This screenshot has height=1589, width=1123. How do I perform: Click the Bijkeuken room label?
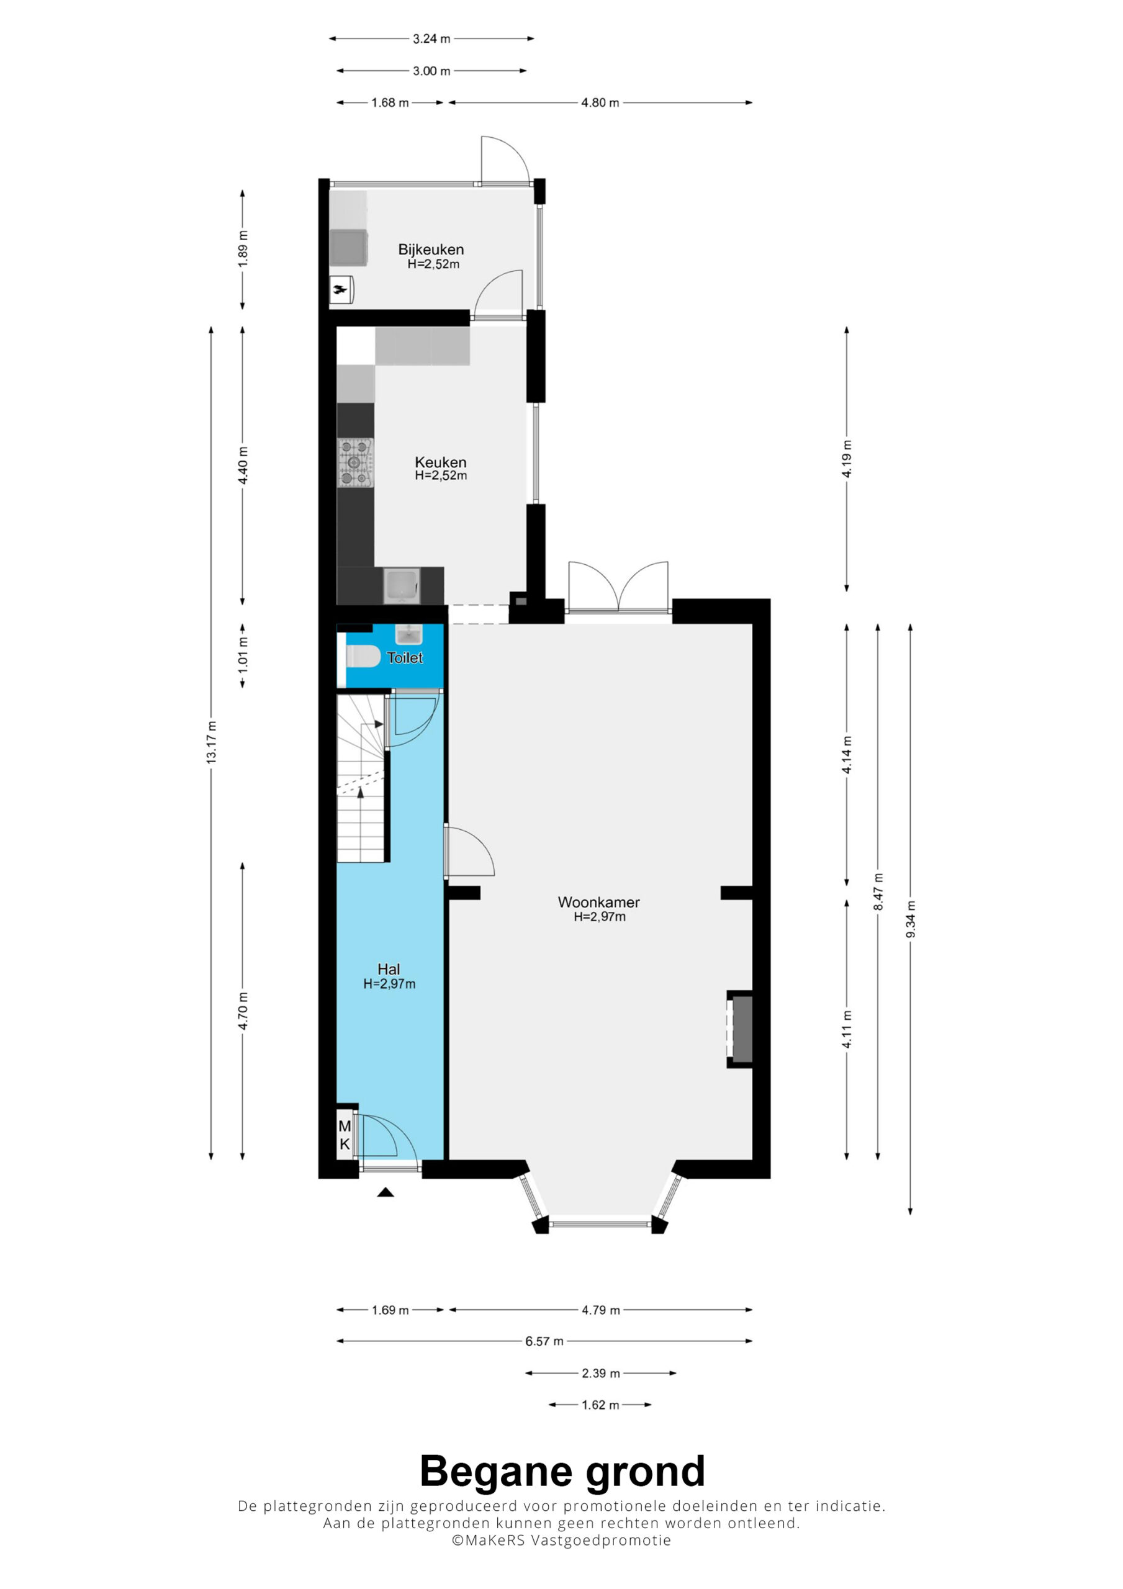[x=431, y=249]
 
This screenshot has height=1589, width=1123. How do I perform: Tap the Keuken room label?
[x=440, y=462]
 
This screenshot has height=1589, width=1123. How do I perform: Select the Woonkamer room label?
[x=599, y=902]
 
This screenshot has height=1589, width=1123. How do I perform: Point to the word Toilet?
[x=404, y=657]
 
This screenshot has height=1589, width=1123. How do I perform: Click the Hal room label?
[x=389, y=969]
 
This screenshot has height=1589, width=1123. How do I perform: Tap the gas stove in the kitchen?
[x=355, y=462]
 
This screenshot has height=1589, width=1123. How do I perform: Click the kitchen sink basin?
[x=402, y=585]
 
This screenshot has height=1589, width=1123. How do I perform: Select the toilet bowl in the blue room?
[x=363, y=656]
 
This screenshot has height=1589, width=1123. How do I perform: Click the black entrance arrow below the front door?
[x=386, y=1192]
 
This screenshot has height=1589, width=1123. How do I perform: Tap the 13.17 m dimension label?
[x=211, y=742]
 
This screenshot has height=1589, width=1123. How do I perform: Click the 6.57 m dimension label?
[x=544, y=1341]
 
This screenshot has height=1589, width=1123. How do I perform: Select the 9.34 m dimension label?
[x=911, y=920]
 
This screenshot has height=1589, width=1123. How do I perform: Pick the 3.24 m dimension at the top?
[x=431, y=38]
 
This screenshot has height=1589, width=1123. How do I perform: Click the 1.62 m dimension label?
[x=600, y=1405]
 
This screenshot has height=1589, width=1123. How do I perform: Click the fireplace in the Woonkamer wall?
[x=740, y=1029]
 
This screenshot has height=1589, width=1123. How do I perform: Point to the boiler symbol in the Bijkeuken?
[x=341, y=290]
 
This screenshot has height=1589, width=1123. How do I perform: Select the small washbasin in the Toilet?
[x=408, y=634]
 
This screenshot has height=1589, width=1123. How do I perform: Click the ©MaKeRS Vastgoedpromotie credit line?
[x=561, y=1541]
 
